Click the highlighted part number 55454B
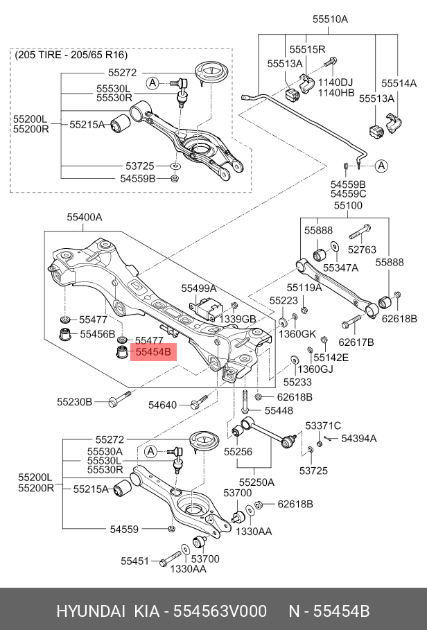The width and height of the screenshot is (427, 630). [153, 352]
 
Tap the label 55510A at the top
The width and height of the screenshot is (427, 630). [330, 19]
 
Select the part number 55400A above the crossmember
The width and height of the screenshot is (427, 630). [85, 218]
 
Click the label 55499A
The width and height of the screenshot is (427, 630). [199, 288]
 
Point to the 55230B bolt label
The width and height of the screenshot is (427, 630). [74, 402]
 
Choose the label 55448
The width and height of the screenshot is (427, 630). [279, 410]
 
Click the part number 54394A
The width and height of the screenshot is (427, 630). [359, 438]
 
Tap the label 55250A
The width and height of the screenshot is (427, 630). [256, 482]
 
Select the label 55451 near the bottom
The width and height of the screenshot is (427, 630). [135, 561]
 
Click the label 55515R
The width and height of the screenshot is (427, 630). [307, 49]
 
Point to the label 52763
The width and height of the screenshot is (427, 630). [362, 250]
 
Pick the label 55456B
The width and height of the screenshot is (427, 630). [98, 334]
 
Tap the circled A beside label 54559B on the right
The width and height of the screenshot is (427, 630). [381, 166]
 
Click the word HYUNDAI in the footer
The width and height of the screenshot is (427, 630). [90, 611]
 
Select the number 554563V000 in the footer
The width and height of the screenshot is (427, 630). [220, 611]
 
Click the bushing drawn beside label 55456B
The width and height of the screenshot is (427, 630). [65, 334]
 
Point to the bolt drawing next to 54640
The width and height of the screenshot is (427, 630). [198, 401]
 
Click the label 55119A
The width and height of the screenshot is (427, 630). [304, 288]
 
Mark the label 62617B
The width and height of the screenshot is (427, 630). [356, 342]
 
